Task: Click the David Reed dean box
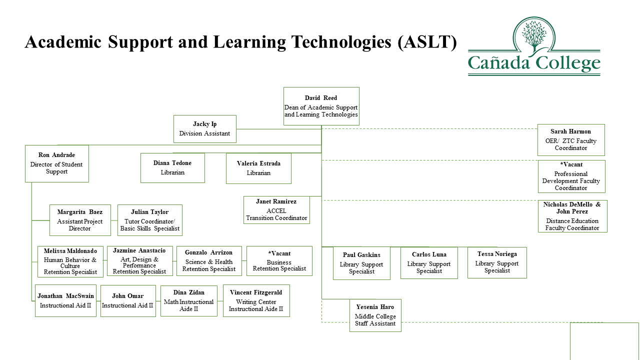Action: click(x=321, y=106)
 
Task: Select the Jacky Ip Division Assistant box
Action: click(x=204, y=129)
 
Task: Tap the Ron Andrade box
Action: click(x=56, y=163)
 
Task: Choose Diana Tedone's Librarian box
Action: click(x=172, y=168)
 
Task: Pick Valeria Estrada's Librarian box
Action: click(x=258, y=168)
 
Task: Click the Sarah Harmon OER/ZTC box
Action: click(x=570, y=140)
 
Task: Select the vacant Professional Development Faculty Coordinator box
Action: click(x=571, y=176)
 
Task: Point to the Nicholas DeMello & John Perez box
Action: click(x=572, y=216)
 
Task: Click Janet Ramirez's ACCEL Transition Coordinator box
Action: click(x=276, y=210)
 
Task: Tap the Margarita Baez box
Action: click(x=80, y=220)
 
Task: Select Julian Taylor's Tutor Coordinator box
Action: click(x=149, y=220)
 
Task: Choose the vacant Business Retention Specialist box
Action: click(x=279, y=261)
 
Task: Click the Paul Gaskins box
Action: click(x=361, y=263)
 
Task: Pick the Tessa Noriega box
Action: click(x=497, y=262)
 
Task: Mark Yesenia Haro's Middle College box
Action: click(x=375, y=315)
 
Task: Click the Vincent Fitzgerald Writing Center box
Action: click(x=256, y=300)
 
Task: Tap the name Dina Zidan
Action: click(x=188, y=292)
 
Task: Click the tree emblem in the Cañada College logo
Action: click(x=534, y=36)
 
